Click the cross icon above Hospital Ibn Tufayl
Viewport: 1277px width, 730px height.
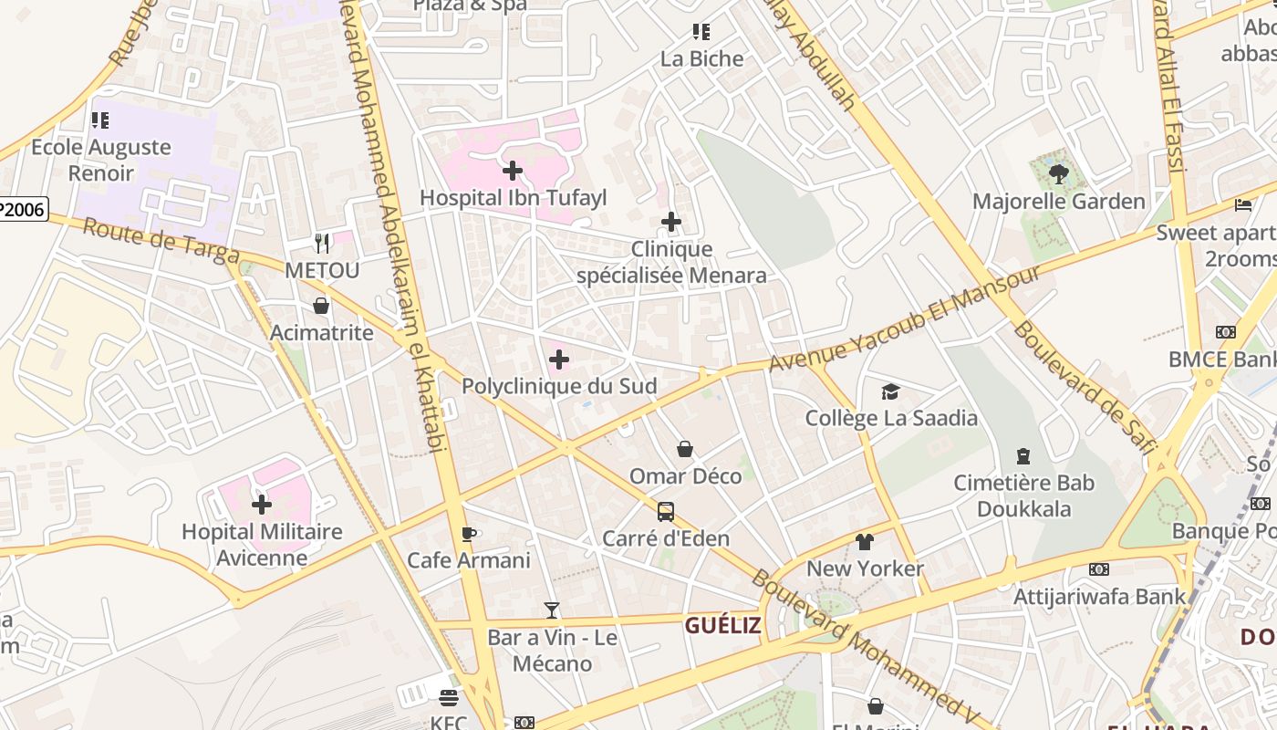click(x=513, y=171)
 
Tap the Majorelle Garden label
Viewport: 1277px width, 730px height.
click(x=1058, y=202)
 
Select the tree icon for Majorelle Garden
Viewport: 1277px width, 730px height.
click(x=1058, y=173)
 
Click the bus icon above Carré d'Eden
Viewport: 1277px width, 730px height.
click(x=666, y=511)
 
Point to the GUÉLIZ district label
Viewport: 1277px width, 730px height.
click(x=722, y=625)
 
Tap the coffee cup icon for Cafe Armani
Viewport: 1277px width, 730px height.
click(x=469, y=534)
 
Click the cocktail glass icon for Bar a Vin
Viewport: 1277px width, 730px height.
click(x=552, y=610)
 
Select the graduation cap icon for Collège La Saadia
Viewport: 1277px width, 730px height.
click(x=890, y=391)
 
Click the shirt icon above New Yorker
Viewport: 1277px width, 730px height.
click(x=865, y=542)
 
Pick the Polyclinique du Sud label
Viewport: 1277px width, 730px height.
click(x=558, y=386)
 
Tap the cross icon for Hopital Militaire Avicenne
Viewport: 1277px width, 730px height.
click(x=262, y=505)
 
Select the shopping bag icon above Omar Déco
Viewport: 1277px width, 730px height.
click(x=685, y=449)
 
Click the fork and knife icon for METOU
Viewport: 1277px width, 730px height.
click(x=321, y=243)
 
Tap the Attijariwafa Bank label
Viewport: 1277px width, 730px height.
click(x=1100, y=597)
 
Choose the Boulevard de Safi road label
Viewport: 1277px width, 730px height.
click(x=1084, y=387)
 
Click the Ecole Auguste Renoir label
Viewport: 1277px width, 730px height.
click(x=100, y=160)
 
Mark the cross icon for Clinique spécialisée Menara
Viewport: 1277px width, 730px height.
click(x=671, y=222)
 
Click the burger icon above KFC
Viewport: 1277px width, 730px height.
click(x=448, y=698)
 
